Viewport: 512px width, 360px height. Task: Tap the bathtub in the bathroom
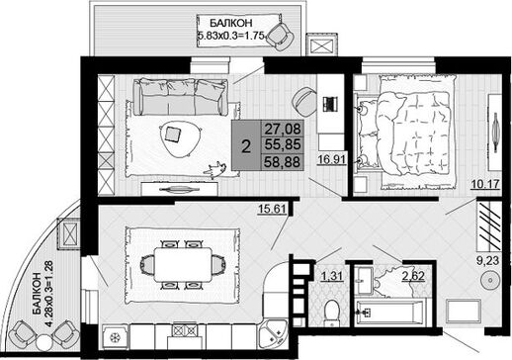pyautogui.click(x=387, y=312)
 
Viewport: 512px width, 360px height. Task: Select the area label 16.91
pyautogui.click(x=332, y=159)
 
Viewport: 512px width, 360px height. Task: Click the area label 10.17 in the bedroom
pyautogui.click(x=485, y=184)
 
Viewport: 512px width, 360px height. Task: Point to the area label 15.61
pyautogui.click(x=272, y=209)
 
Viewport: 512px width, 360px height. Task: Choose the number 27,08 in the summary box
pyautogui.click(x=283, y=129)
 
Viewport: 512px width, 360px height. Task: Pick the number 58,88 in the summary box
pyautogui.click(x=283, y=162)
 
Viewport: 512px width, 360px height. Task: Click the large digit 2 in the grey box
pyautogui.click(x=246, y=146)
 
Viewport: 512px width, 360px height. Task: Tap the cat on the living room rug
pyautogui.click(x=215, y=169)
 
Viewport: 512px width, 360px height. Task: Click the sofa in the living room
pyautogui.click(x=181, y=97)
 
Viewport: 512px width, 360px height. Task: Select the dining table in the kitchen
pyautogui.click(x=183, y=265)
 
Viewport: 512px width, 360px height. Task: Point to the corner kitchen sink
pyautogui.click(x=273, y=333)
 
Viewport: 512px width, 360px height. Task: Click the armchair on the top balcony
pyautogui.click(x=281, y=36)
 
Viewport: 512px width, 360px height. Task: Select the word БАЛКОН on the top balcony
pyautogui.click(x=231, y=23)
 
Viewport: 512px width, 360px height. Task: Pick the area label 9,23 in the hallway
pyautogui.click(x=488, y=260)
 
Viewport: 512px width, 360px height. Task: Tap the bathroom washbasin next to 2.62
pyautogui.click(x=364, y=281)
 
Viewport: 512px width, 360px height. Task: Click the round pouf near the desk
pyautogui.click(x=304, y=102)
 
